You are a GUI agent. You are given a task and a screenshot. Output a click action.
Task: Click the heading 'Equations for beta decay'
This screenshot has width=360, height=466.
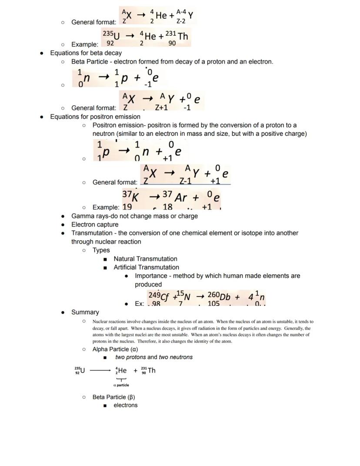86,53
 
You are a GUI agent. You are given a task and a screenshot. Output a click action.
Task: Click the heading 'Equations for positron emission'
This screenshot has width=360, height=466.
95,117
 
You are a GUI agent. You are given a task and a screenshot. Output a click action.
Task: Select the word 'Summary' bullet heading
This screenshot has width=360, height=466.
85,312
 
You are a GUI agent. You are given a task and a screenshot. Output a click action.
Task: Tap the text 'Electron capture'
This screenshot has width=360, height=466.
95,225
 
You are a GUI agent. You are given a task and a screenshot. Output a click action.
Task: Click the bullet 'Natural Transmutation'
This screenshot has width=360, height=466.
145,258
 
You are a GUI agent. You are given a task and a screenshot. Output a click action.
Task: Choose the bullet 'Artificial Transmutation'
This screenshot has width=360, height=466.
146,267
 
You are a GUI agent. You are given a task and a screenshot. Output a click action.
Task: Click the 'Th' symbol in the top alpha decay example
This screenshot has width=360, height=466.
183,36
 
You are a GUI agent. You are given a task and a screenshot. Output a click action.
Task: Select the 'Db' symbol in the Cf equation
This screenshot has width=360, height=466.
225,297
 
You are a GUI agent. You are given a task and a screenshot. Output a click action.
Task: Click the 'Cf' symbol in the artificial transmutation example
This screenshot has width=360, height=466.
165,297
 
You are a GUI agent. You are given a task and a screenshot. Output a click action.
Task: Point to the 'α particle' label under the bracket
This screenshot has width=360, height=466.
121,385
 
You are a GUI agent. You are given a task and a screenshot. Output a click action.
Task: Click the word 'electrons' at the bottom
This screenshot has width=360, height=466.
126,405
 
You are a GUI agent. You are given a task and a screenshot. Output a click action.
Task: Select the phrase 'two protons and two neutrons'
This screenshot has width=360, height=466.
154,357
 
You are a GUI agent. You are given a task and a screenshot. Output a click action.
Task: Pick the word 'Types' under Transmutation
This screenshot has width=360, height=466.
101,250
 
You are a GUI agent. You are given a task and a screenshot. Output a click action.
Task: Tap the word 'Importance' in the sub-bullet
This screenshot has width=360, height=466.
150,276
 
